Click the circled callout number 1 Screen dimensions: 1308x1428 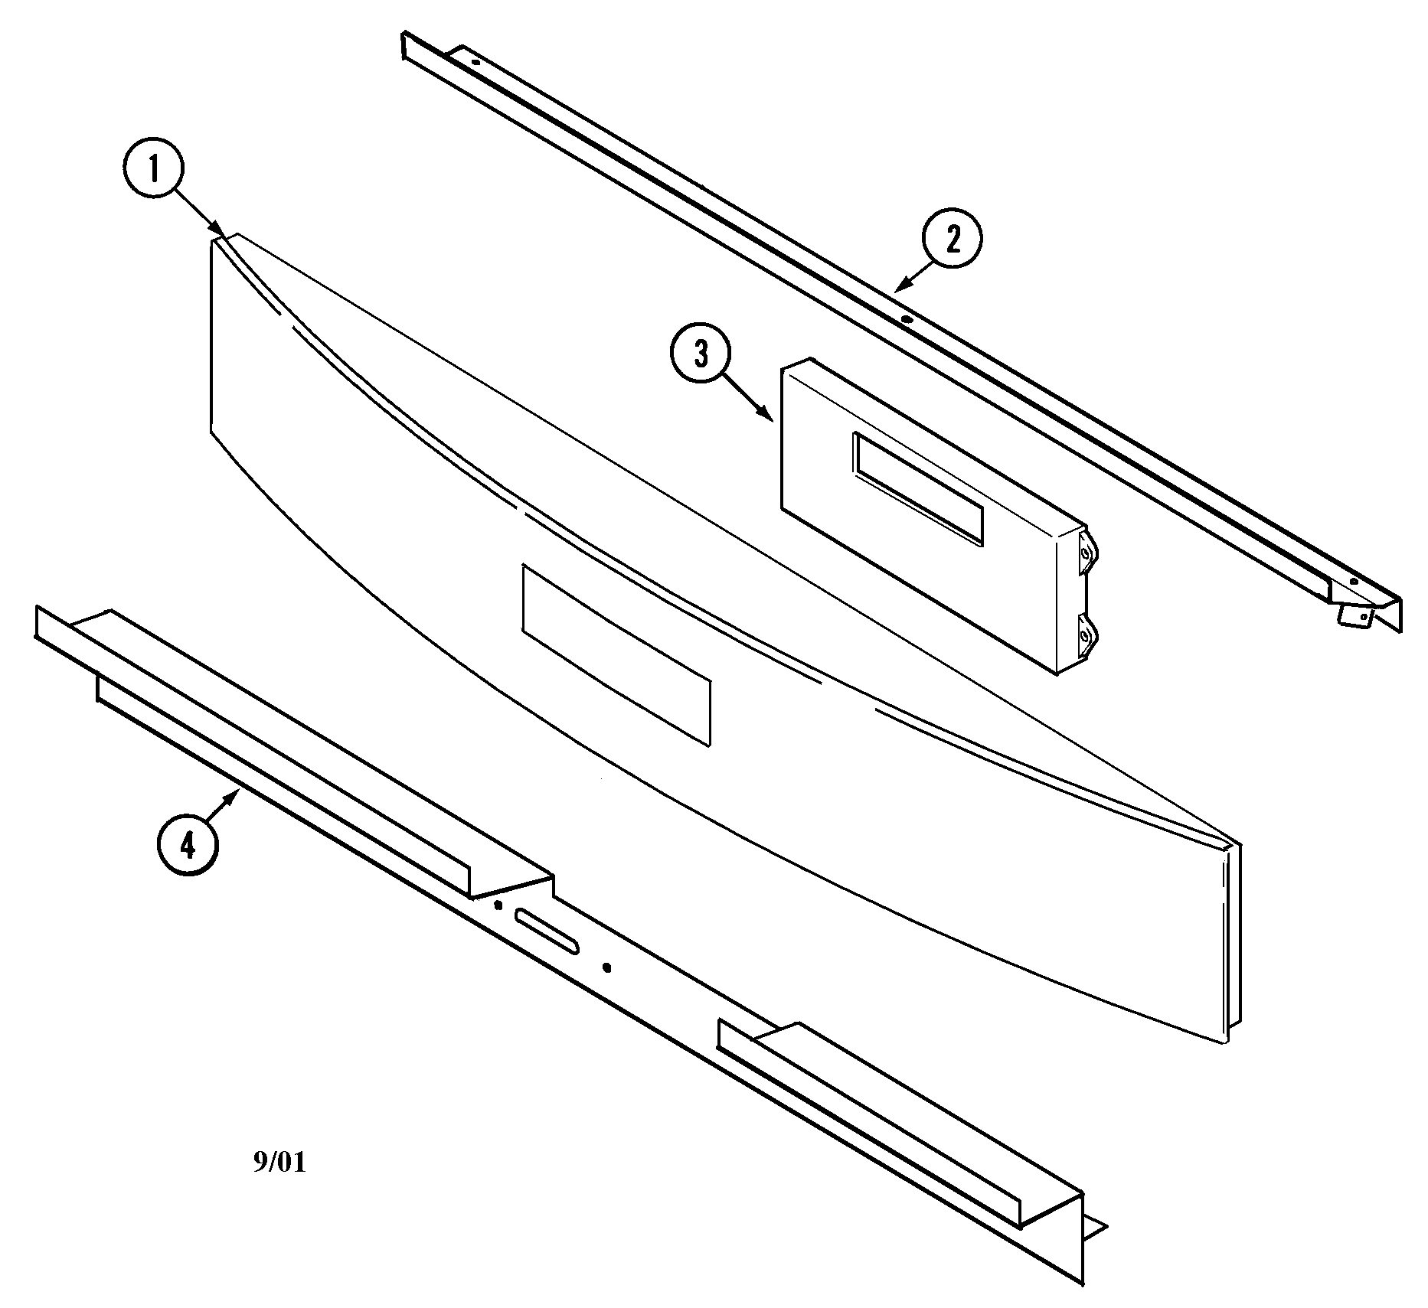(153, 170)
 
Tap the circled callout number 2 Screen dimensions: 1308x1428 (952, 240)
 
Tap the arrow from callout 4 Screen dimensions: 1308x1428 (227, 806)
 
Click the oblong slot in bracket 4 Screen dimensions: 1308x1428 (547, 931)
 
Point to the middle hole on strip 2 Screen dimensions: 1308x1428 (906, 319)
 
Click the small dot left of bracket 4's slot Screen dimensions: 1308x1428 (498, 905)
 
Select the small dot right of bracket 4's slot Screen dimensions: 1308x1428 (607, 967)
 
